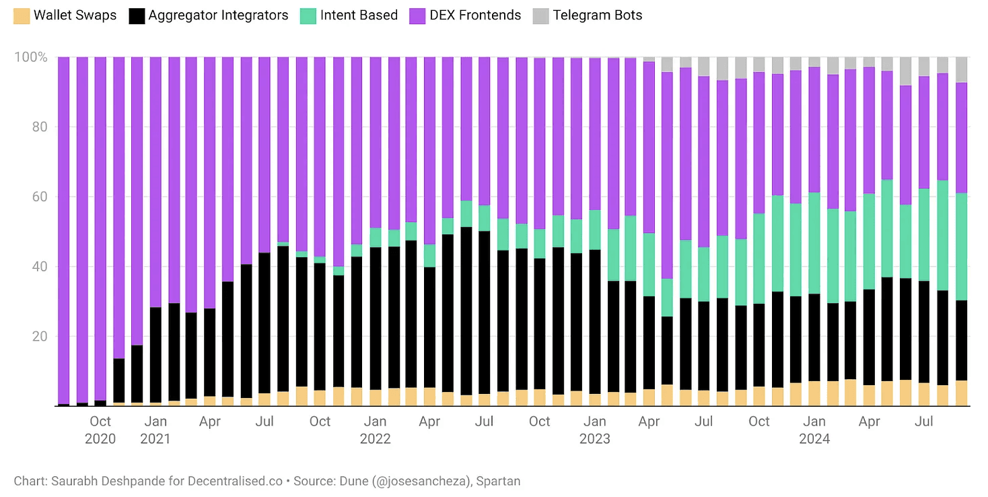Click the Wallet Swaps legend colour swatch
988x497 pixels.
pyautogui.click(x=22, y=16)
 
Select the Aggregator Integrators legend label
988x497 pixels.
pyautogui.click(x=218, y=15)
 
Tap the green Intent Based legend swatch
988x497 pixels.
pyautogui.click(x=308, y=16)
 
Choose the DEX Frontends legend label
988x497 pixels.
pyautogui.click(x=475, y=15)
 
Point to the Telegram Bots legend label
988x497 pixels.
pyautogui.click(x=597, y=15)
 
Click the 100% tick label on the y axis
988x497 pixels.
pyautogui.click(x=31, y=57)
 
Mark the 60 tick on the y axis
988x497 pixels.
pyautogui.click(x=40, y=197)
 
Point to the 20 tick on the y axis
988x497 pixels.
pyautogui.click(x=40, y=336)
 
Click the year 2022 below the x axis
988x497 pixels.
pyautogui.click(x=375, y=438)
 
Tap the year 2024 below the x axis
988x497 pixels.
pyautogui.click(x=814, y=438)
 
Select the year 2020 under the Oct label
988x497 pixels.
pyautogui.click(x=100, y=438)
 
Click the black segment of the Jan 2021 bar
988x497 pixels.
pyautogui.click(x=155, y=355)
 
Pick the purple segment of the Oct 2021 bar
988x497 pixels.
pyautogui.click(x=320, y=157)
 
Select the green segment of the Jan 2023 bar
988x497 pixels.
pyautogui.click(x=595, y=230)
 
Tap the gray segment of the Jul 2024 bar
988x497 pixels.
pyautogui.click(x=924, y=67)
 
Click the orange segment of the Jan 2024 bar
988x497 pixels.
pyautogui.click(x=814, y=393)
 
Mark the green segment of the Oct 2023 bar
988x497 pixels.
pyautogui.click(x=759, y=259)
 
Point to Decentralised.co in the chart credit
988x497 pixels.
pyautogui.click(x=235, y=481)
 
